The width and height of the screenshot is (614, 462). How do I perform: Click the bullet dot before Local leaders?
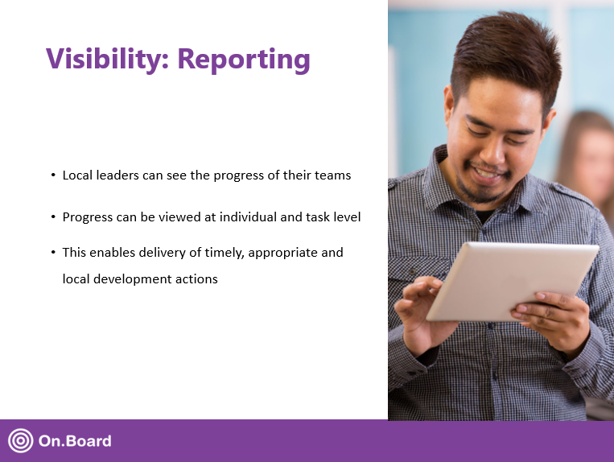click(x=53, y=175)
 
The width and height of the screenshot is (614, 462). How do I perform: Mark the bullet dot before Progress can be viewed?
click(x=53, y=217)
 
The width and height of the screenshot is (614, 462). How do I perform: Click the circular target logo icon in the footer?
click(x=20, y=440)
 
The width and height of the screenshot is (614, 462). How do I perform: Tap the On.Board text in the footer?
click(x=75, y=441)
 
